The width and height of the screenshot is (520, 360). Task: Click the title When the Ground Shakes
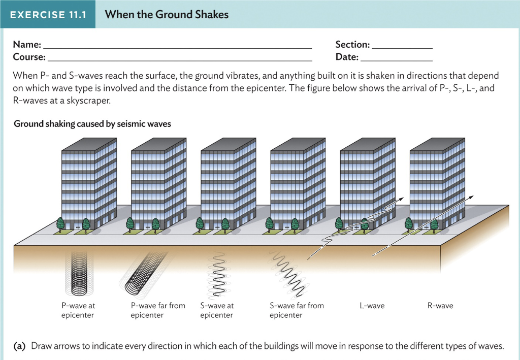(x=167, y=14)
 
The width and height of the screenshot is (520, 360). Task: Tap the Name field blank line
(x=178, y=46)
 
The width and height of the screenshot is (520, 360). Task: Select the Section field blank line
(x=402, y=46)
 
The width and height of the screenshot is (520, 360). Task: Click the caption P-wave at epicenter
(x=78, y=310)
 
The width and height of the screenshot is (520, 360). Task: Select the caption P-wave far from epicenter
(x=158, y=310)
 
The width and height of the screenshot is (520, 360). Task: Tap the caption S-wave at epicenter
(x=217, y=310)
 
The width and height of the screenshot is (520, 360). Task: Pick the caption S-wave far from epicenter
(x=297, y=310)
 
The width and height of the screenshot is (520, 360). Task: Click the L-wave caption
(x=372, y=306)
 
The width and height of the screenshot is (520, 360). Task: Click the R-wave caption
(x=440, y=306)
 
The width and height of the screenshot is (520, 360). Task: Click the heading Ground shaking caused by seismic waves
(x=92, y=123)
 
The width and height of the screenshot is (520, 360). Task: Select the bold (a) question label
(x=20, y=346)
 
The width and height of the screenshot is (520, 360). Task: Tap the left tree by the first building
(x=60, y=223)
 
